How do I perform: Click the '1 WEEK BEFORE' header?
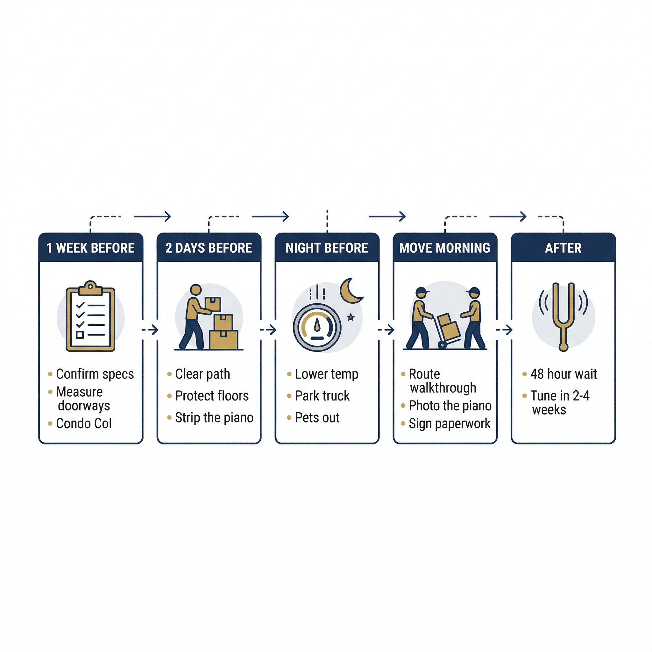90,248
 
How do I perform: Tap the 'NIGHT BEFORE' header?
327,248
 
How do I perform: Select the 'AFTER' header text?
563,248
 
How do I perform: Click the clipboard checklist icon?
90,316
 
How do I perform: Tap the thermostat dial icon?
317,328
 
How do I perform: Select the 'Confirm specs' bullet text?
95,374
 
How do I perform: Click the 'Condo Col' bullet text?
84,423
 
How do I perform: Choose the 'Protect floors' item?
212,396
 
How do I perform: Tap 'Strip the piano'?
214,418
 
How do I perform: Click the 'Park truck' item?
322,396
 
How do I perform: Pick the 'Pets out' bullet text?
317,418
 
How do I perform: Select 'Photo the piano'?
450,406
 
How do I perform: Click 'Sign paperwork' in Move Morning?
450,424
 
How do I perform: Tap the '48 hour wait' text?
563,374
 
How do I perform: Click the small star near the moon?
351,317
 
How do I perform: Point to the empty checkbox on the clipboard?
80,335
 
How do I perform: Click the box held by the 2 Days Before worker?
213,304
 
